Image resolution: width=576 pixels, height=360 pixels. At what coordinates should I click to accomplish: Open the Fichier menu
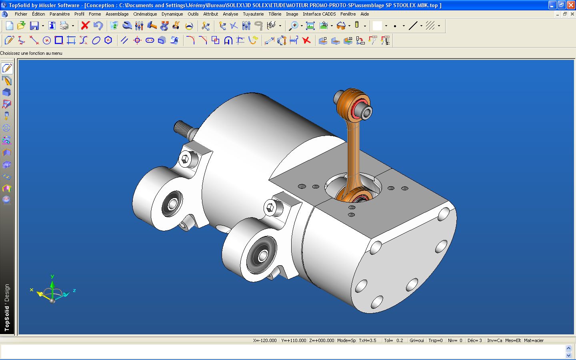pos(21,14)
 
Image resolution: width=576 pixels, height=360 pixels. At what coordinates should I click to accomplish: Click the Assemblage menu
pos(117,14)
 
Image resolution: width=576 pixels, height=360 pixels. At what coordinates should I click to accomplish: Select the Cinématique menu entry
pos(145,14)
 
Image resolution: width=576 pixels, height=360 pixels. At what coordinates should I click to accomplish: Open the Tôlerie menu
pos(275,14)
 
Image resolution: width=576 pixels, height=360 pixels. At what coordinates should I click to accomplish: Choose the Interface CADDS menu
pos(319,14)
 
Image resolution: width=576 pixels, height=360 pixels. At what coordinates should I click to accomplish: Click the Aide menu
pos(364,14)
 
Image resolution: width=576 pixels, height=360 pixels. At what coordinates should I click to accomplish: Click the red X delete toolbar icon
pos(85,26)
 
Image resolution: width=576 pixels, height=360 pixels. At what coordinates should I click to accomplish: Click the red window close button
pos(571,5)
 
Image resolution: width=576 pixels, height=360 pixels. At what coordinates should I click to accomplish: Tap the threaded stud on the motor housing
pos(183,128)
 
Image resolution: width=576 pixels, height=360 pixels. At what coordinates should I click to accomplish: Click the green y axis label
pos(52,276)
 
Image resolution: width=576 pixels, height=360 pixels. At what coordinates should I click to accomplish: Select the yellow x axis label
pos(32,290)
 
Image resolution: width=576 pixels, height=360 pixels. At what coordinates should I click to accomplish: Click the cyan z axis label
pos(74,290)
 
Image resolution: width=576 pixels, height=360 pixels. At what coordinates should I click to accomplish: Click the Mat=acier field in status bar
pos(534,340)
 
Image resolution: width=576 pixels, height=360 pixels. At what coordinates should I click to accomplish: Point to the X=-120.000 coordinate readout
pos(265,340)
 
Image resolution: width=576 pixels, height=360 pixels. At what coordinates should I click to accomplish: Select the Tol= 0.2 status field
pos(393,340)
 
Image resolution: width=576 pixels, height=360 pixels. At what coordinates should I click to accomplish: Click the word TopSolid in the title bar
pos(19,5)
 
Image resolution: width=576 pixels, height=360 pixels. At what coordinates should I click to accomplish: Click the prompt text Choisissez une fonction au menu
pos(31,53)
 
